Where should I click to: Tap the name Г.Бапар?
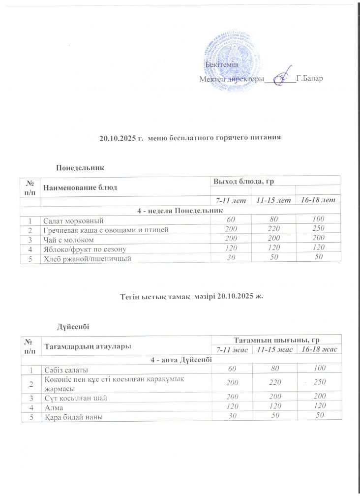coord(310,79)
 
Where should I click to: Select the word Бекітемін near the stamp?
coord(222,65)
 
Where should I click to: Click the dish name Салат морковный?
coord(73,220)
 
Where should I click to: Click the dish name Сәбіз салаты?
coord(65,369)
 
